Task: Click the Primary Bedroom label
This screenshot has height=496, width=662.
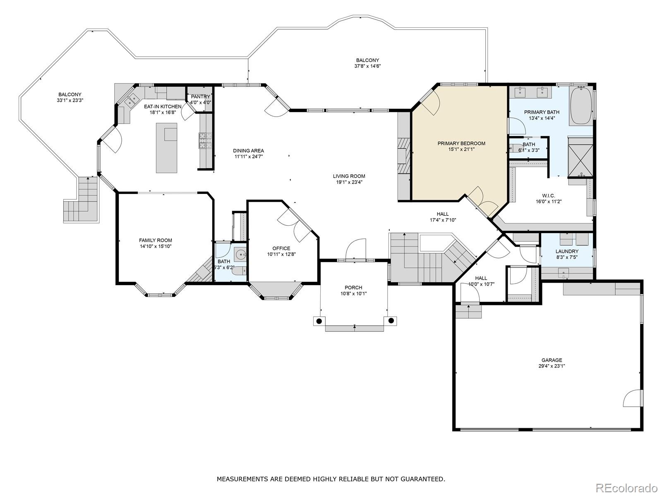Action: [x=461, y=143]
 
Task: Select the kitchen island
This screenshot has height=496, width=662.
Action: [x=166, y=148]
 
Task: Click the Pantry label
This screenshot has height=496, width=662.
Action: [x=200, y=97]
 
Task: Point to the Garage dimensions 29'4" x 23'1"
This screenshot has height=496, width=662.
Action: [x=552, y=366]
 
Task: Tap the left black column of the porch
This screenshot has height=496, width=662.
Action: [x=319, y=321]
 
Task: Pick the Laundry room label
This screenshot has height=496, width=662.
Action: [x=567, y=251]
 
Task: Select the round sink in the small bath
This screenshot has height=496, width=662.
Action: [x=241, y=255]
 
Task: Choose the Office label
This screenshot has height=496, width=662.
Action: [x=281, y=248]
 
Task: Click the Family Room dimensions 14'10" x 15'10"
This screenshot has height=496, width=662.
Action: [x=156, y=246]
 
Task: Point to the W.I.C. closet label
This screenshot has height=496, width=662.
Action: [x=548, y=196]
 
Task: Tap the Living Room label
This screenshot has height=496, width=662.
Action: [x=349, y=176]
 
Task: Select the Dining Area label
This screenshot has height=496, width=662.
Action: [x=248, y=150]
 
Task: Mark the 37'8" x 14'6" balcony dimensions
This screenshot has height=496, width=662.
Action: [x=367, y=66]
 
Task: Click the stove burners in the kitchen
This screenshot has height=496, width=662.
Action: [x=206, y=141]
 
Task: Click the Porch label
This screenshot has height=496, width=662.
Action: [x=353, y=288]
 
